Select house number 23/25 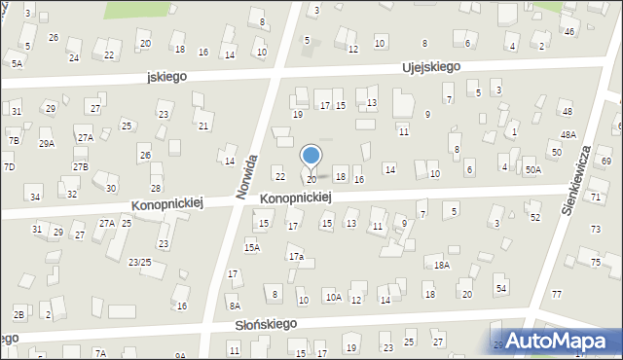point(139,262)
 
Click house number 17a point(296,257)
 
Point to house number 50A point(532,170)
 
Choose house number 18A point(442,265)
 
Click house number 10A point(333,298)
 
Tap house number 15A point(252,248)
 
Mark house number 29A point(46,143)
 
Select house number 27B point(80,166)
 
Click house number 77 point(557,294)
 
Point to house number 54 point(501,289)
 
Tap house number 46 point(569,32)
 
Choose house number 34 point(35,197)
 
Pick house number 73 point(595,230)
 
